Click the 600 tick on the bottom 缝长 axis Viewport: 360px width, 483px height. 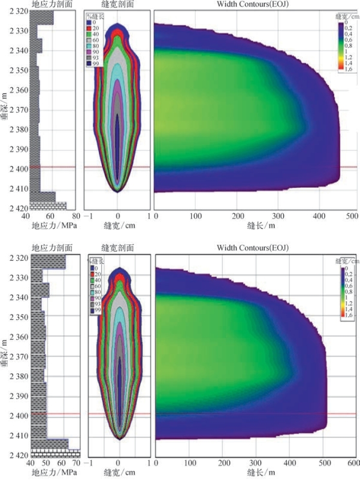tap(353, 463)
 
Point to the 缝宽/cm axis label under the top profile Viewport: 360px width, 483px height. tap(117, 227)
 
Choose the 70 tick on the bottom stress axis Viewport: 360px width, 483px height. tap(77, 463)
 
